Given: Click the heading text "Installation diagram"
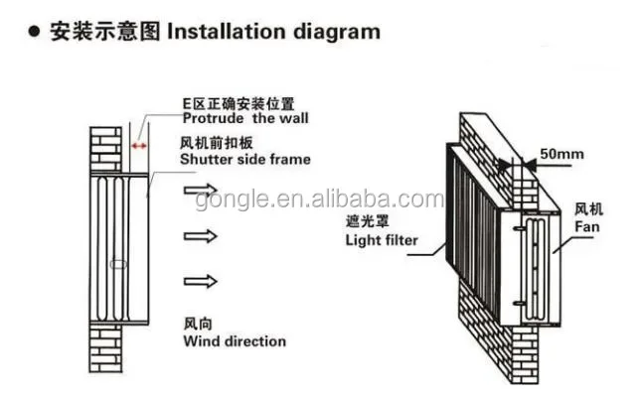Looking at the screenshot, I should pos(273,31).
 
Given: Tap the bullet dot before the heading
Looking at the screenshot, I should pos(34,32).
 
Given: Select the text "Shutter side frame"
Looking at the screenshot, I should pos(245,159).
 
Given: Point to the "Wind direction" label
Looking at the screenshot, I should pos(235,341).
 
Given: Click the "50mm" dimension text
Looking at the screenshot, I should pos(561,154).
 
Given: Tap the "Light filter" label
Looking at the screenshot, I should pos(382,240).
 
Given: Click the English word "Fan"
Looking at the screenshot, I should pos(584,226).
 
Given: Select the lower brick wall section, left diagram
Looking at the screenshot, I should pos(105,348).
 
